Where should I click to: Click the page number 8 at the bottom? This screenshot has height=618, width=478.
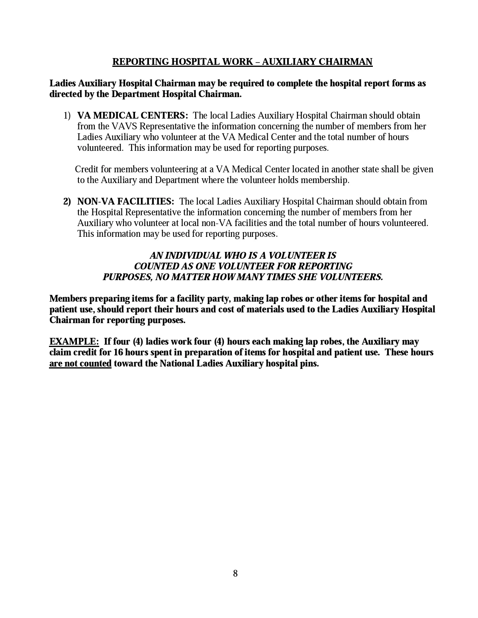[235, 573]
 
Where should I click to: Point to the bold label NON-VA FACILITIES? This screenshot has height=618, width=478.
[125, 201]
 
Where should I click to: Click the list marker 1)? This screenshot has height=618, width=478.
[67, 115]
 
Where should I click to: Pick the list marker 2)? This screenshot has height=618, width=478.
[67, 201]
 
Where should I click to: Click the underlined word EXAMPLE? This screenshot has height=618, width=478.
[74, 341]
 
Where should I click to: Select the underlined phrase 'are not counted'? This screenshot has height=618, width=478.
[80, 363]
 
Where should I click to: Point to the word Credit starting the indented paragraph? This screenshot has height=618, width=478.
[87, 169]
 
